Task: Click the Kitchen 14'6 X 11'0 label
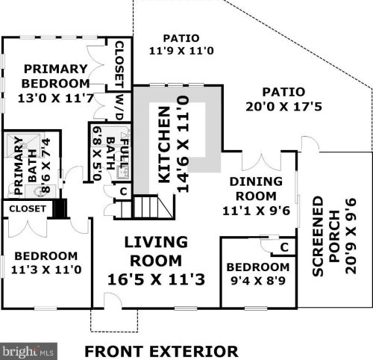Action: pyautogui.click(x=173, y=144)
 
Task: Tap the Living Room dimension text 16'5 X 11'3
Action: pyautogui.click(x=157, y=279)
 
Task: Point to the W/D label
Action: pyautogui.click(x=120, y=107)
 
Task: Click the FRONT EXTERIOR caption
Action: pyautogui.click(x=161, y=352)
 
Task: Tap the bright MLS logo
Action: pyautogui.click(x=28, y=351)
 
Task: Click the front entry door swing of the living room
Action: pyautogui.click(x=113, y=301)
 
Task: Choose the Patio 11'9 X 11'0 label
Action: pyautogui.click(x=181, y=45)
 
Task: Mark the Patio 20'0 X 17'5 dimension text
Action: pyautogui.click(x=283, y=107)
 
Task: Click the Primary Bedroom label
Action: pyautogui.click(x=55, y=76)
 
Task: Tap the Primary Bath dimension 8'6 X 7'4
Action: pyautogui.click(x=46, y=165)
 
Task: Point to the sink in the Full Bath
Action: pyautogui.click(x=122, y=173)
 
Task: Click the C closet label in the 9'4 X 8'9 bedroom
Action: pyautogui.click(x=284, y=247)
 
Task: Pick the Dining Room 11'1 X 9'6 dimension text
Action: pyautogui.click(x=256, y=211)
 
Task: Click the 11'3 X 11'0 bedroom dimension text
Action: pyautogui.click(x=46, y=270)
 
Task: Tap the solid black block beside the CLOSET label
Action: pyautogui.click(x=60, y=208)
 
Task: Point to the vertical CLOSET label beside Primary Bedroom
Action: pyautogui.click(x=119, y=64)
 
